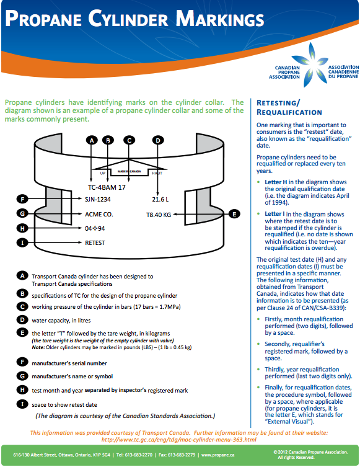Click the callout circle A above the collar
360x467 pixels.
click(x=92, y=140)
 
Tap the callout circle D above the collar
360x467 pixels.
click(x=158, y=140)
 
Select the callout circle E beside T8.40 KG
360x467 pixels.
click(x=234, y=214)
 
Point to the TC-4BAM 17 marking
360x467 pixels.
click(x=107, y=187)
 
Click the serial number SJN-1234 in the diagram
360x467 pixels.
click(x=97, y=199)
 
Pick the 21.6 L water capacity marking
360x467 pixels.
click(x=160, y=199)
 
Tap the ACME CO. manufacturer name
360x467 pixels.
click(x=99, y=215)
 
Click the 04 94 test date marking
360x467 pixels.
click(x=95, y=228)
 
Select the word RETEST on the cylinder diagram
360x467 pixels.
click(x=95, y=242)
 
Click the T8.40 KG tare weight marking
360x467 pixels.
click(x=159, y=215)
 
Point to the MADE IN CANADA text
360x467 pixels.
click(x=129, y=171)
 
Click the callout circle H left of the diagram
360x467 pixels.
click(x=22, y=228)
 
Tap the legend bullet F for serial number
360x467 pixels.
click(x=22, y=362)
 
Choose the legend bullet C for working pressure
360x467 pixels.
click(x=22, y=306)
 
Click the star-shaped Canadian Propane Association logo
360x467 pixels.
click(x=312, y=65)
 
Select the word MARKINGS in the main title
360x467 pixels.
click(x=219, y=19)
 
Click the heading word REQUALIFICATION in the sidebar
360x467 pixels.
click(x=289, y=112)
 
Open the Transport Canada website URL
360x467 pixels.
click(x=179, y=440)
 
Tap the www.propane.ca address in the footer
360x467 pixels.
click(x=217, y=455)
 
